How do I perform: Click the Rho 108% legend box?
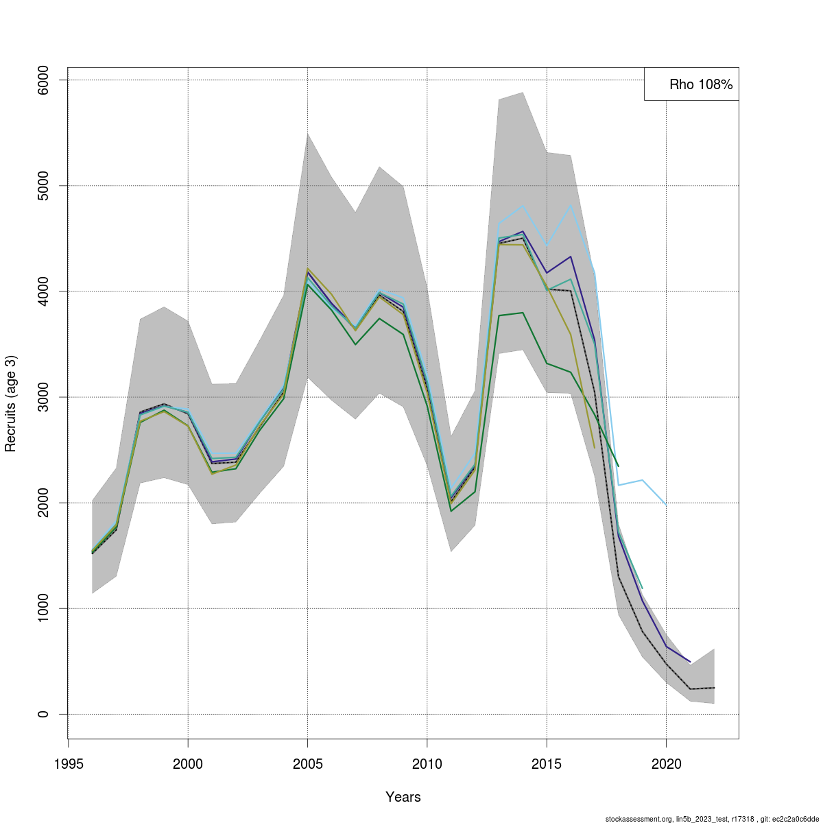(691, 84)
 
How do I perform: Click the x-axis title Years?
(403, 797)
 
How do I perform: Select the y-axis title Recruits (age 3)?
(10, 403)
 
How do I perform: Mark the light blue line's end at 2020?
(666, 505)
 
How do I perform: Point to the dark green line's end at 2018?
(618, 466)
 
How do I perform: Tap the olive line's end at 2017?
(594, 448)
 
